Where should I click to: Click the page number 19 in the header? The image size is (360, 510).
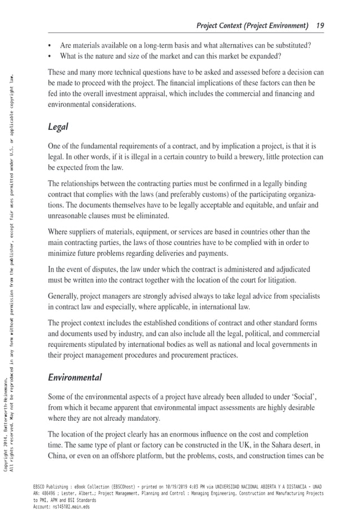click(x=320, y=25)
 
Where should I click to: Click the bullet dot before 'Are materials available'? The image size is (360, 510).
click(x=51, y=45)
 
